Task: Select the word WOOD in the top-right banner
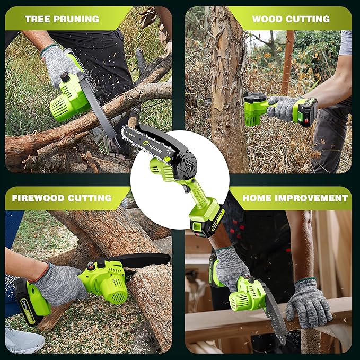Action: point(267,19)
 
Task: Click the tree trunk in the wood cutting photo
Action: point(228,95)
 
